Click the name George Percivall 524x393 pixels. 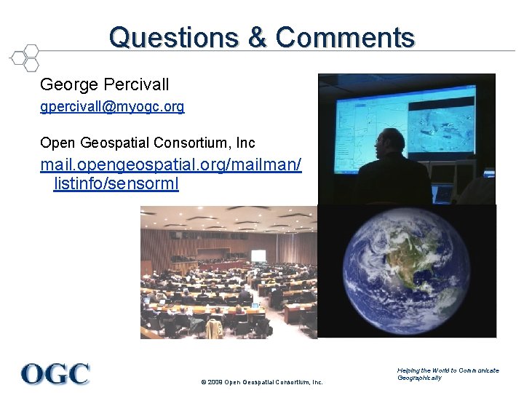point(105,84)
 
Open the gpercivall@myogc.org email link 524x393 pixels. point(112,107)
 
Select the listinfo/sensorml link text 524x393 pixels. point(116,184)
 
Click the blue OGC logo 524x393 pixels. point(55,373)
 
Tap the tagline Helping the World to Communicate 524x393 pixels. point(448,370)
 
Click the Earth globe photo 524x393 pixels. point(407,271)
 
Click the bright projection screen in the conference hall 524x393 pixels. point(258,256)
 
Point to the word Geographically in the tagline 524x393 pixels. point(419,378)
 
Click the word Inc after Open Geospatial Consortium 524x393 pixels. point(246,143)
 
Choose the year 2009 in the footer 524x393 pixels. point(213,382)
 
